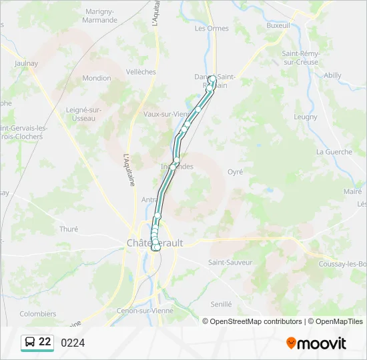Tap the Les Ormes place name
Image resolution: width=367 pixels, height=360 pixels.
(x=212, y=29)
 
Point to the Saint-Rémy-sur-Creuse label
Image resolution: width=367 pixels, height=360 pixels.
(x=301, y=57)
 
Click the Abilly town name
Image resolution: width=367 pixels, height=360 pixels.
(x=332, y=76)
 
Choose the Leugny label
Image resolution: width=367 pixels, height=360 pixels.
(x=306, y=117)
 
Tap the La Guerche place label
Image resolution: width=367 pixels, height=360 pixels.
(x=334, y=152)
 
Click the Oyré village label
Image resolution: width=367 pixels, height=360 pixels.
(x=236, y=172)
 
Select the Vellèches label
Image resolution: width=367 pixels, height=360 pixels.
(x=141, y=72)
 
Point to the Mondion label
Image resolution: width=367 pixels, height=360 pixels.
(x=97, y=78)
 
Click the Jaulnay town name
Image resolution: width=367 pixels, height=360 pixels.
(x=26, y=64)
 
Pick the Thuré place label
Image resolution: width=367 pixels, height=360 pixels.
(x=69, y=229)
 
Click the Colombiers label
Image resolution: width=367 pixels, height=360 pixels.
(x=38, y=313)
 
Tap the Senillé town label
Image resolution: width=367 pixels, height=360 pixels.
(x=220, y=304)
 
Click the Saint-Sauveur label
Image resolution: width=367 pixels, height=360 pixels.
(x=230, y=263)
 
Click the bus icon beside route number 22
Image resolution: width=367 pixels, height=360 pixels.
(x=30, y=342)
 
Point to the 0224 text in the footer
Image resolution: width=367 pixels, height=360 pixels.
(x=73, y=343)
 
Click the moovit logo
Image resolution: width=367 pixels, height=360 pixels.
(x=316, y=343)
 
